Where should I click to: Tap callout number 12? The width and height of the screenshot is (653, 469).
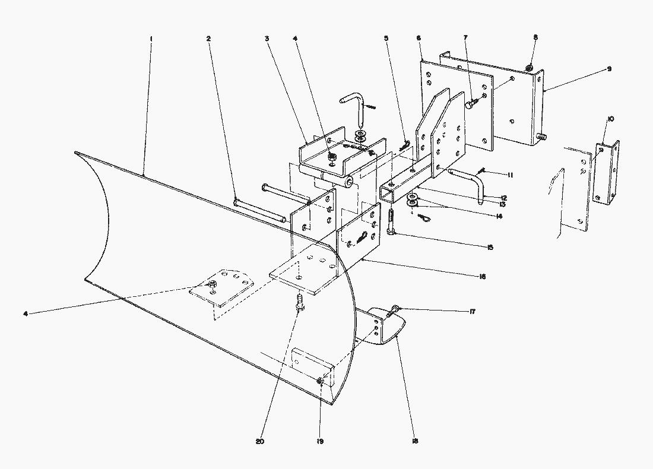503,197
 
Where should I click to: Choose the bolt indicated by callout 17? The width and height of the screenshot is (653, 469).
395,309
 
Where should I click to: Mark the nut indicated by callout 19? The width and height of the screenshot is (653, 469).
321,381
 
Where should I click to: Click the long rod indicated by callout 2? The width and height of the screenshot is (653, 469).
261,211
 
